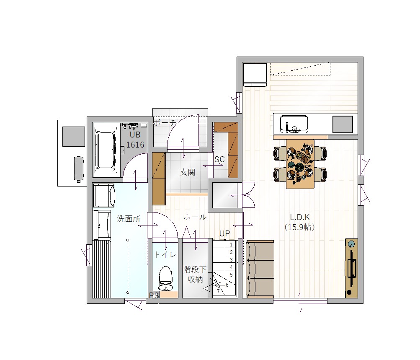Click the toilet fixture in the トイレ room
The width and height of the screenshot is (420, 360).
pyautogui.click(x=165, y=278)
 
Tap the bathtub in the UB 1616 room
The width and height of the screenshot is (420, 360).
pyautogui.click(x=106, y=150)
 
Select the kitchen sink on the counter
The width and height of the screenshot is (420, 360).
pyautogui.click(x=294, y=124)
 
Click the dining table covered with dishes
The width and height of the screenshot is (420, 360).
pyautogui.click(x=300, y=164)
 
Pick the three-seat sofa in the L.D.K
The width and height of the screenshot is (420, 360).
pyautogui.click(x=260, y=269)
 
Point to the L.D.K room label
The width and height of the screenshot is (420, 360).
pyautogui.click(x=300, y=217)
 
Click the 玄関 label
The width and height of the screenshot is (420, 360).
pyautogui.click(x=188, y=172)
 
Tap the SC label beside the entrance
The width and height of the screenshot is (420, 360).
pyautogui.click(x=219, y=160)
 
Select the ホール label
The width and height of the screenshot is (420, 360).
pyautogui.click(x=195, y=217)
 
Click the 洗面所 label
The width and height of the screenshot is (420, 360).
pyautogui.click(x=129, y=219)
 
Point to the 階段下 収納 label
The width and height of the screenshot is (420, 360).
pyautogui.click(x=195, y=274)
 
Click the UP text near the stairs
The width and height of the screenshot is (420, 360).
pyautogui.click(x=224, y=233)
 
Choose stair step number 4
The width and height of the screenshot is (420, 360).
pyautogui.click(x=232, y=267)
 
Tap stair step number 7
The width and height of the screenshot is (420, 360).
pyautogui.click(x=218, y=291)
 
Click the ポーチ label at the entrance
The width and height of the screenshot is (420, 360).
pyautogui.click(x=165, y=123)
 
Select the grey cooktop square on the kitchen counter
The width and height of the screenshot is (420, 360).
pyautogui.click(x=343, y=124)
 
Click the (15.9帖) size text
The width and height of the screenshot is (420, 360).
pyautogui.click(x=299, y=227)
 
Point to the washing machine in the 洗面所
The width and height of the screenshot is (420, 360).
pyautogui.click(x=104, y=195)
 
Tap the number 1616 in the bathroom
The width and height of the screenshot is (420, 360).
pyautogui.click(x=135, y=145)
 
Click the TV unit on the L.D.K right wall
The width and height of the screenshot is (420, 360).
pyautogui.click(x=351, y=268)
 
